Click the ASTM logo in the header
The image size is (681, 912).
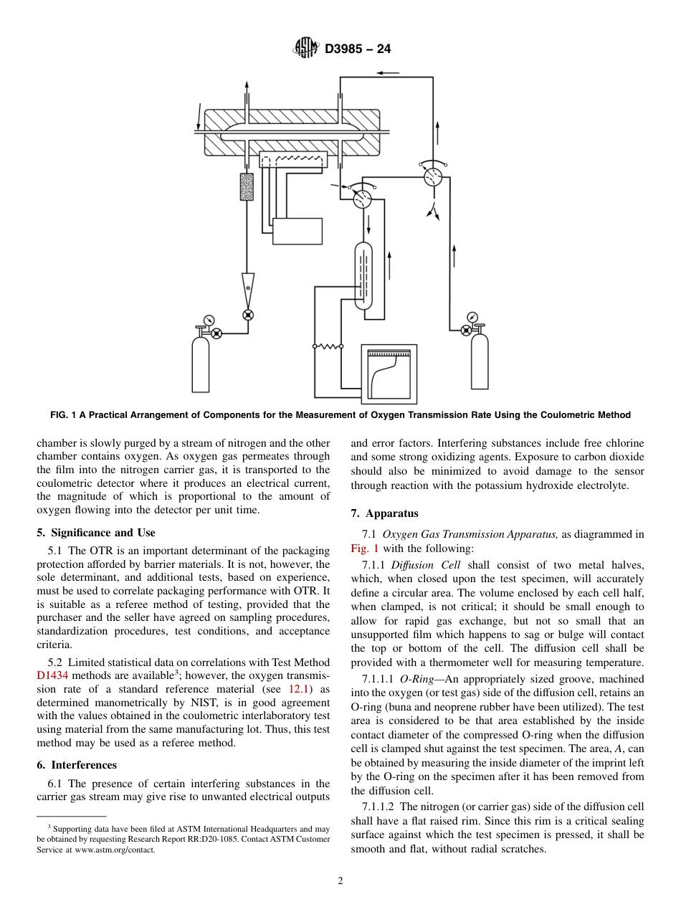pyautogui.click(x=306, y=49)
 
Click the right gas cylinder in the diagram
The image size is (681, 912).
pyautogui.click(x=479, y=363)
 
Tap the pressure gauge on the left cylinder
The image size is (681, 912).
pyautogui.click(x=209, y=320)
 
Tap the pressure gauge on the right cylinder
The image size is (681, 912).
pyautogui.click(x=472, y=317)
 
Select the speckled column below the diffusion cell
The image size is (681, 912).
pyautogui.click(x=247, y=186)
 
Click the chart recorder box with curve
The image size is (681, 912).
pyautogui.click(x=389, y=374)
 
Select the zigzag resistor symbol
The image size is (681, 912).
pyautogui.click(x=329, y=346)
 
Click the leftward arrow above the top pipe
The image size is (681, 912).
pyautogui.click(x=390, y=73)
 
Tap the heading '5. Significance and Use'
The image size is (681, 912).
pyautogui.click(x=96, y=533)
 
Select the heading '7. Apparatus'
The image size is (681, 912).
pyautogui.click(x=384, y=513)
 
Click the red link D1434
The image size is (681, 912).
pyautogui.click(x=52, y=676)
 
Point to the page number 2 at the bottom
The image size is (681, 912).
pyautogui.click(x=340, y=881)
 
